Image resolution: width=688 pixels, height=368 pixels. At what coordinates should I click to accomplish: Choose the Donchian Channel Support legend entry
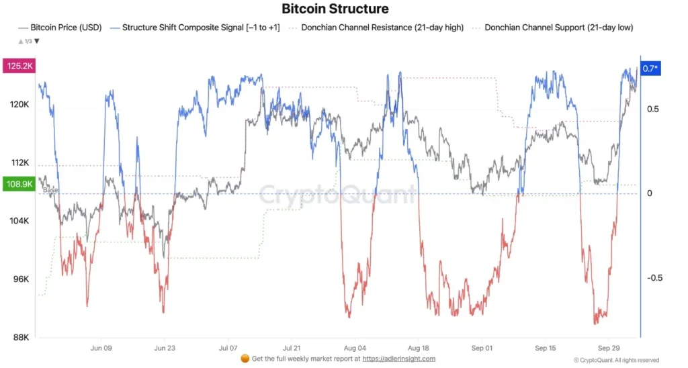(x=558, y=28)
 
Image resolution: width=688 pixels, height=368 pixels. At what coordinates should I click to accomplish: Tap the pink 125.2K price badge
(x=19, y=66)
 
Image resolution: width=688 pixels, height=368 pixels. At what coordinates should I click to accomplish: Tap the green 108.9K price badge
(x=19, y=183)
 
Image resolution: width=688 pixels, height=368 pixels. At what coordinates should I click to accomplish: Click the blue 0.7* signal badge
(x=650, y=68)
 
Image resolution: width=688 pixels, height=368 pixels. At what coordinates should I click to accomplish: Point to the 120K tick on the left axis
(x=19, y=105)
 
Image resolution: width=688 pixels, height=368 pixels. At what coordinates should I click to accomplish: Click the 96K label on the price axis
(x=20, y=279)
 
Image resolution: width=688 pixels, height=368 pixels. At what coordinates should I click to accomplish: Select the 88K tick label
(x=20, y=337)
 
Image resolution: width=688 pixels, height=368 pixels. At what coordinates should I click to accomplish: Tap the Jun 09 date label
(x=100, y=349)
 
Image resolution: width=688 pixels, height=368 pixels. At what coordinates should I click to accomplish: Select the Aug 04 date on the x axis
(x=354, y=349)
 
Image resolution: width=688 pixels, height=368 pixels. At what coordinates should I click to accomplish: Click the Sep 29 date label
(x=609, y=349)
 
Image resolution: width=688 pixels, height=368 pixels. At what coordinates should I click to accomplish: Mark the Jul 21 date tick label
(x=291, y=349)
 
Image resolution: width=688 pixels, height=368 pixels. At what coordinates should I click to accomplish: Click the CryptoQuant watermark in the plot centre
(x=337, y=195)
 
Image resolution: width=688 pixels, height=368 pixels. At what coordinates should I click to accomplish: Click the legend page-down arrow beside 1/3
(x=37, y=42)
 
